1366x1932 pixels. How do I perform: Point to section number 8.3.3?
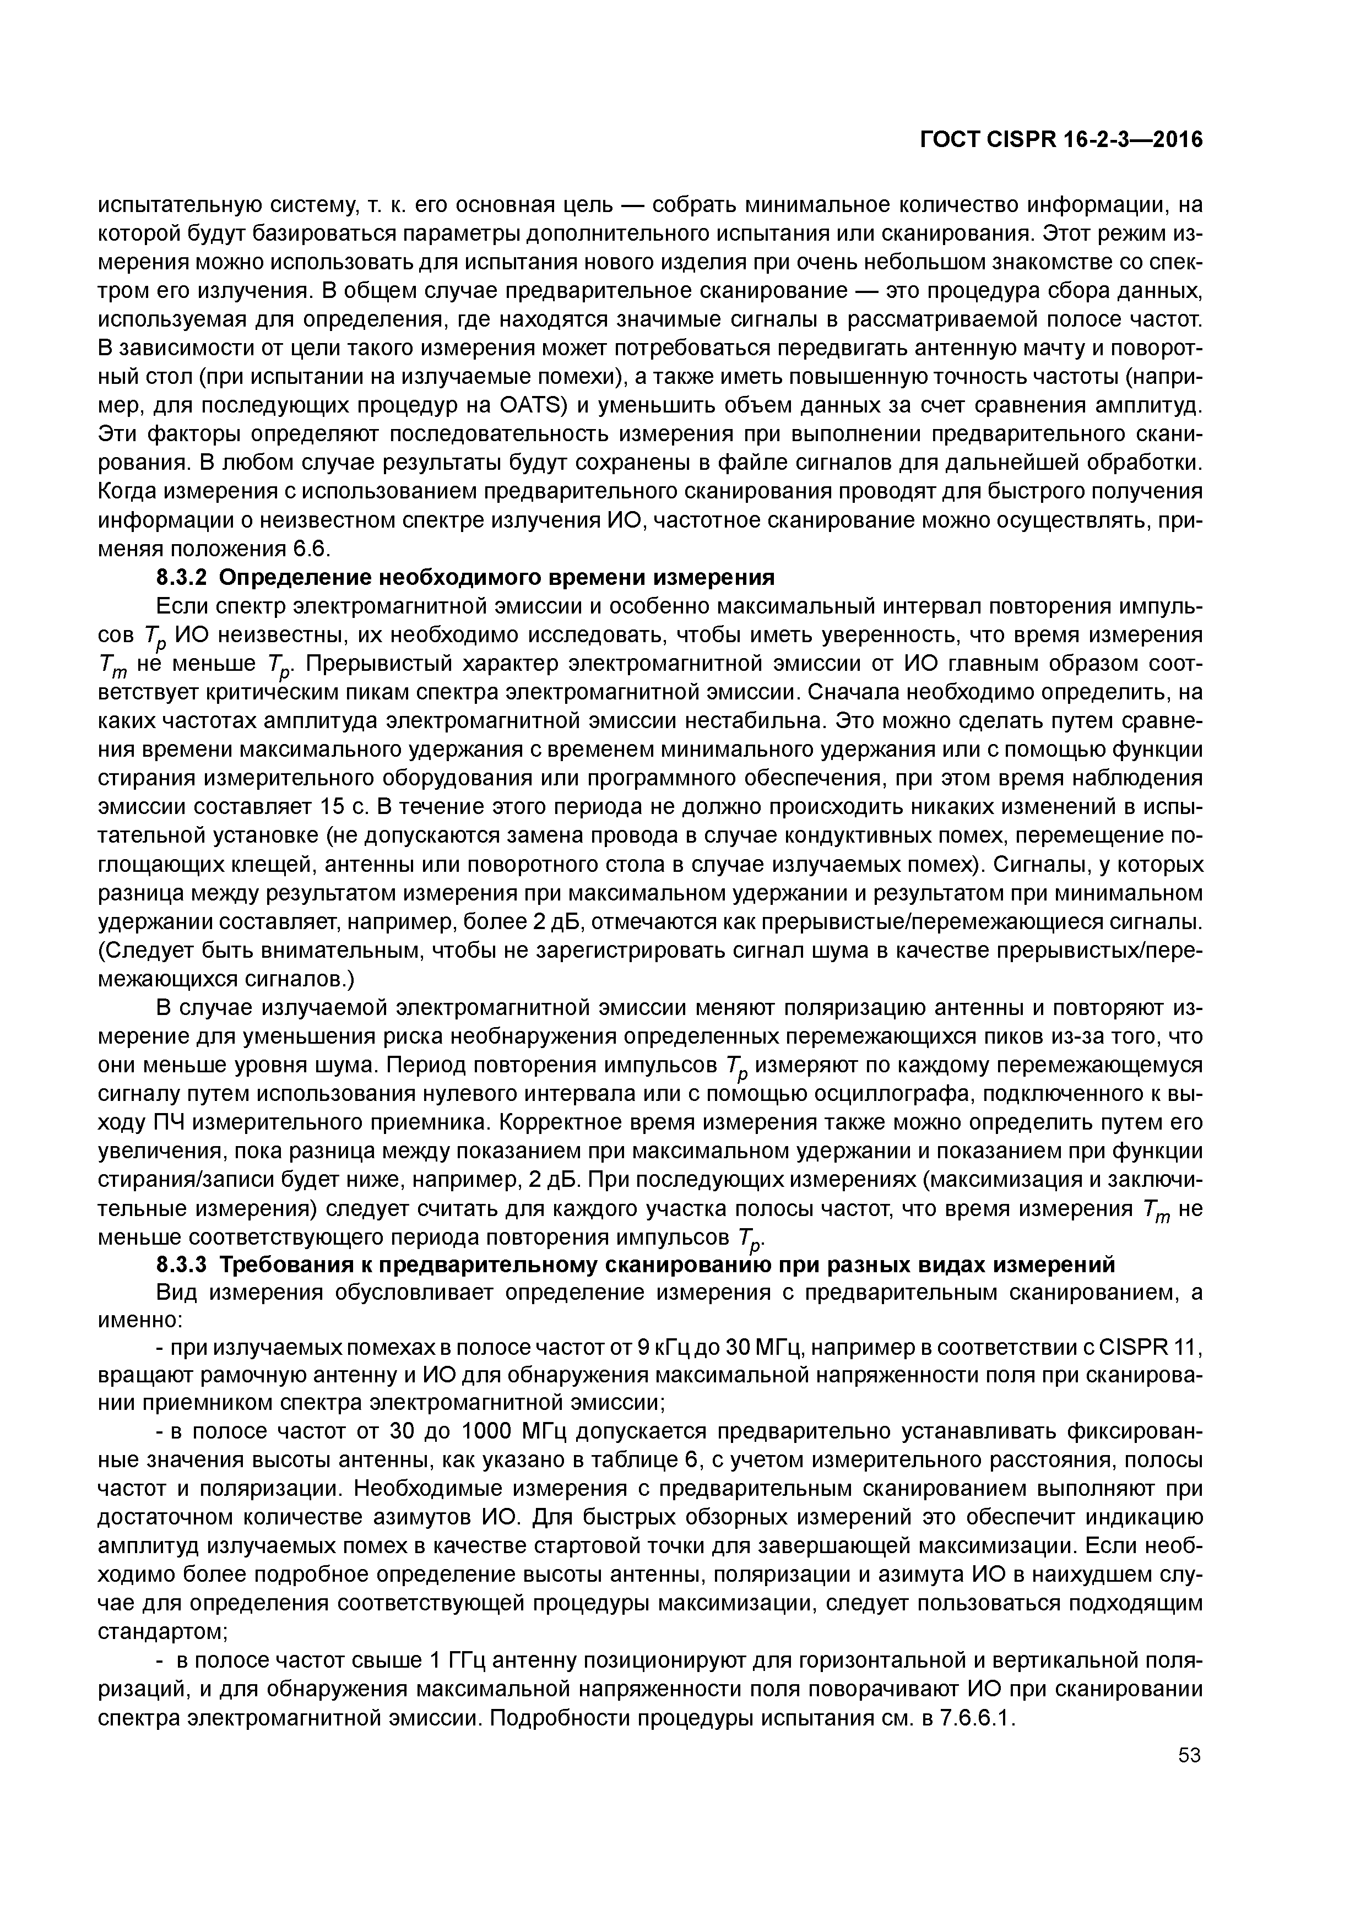click(x=182, y=1265)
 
